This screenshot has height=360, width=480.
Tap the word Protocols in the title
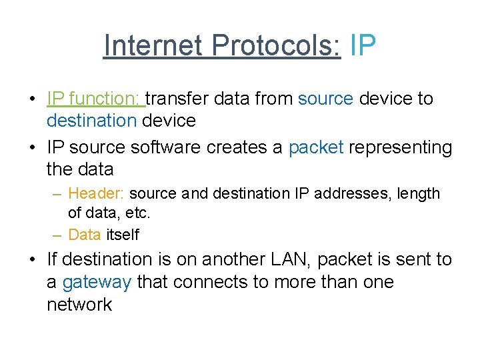coord(276,45)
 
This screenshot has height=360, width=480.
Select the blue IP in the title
coord(363,45)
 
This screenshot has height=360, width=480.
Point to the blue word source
coord(325,99)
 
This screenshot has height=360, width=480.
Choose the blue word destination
coord(91,121)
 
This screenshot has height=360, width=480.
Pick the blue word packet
coord(316,147)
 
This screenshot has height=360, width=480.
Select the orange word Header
coord(96,193)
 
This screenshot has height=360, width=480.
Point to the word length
coord(419,193)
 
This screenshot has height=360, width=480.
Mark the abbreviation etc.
coord(137,213)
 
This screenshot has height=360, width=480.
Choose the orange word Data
coord(85,234)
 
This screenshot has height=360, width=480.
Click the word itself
coord(123,234)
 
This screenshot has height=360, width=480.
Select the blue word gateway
coord(97,282)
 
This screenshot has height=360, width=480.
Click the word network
coord(79,305)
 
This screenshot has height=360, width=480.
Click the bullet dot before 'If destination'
coord(31,259)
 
